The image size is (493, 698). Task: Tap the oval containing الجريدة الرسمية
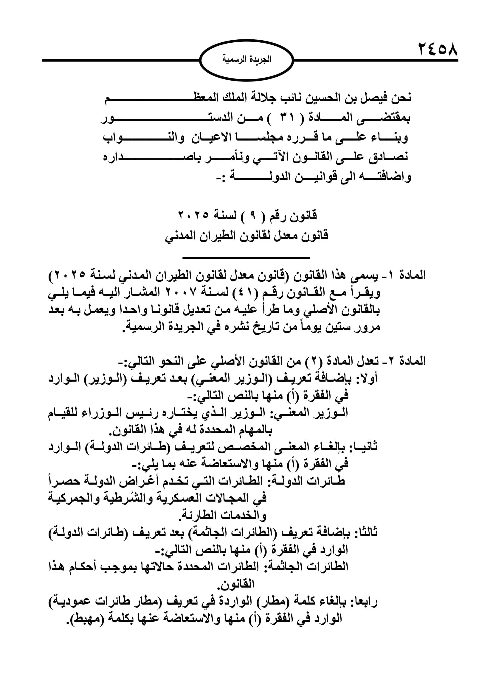pyautogui.click(x=247, y=60)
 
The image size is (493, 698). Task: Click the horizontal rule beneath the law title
pyautogui.click(x=246, y=258)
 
